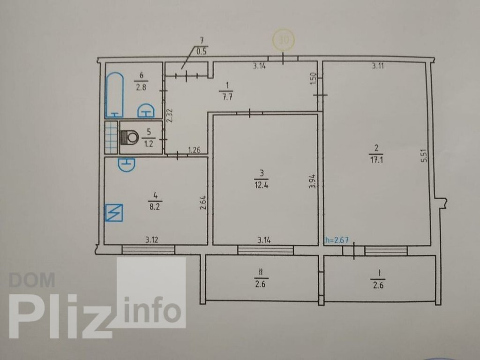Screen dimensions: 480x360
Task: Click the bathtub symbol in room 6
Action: point(114,95)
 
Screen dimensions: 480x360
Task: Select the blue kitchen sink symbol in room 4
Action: point(127,165)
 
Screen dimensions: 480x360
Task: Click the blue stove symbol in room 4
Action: point(114,212)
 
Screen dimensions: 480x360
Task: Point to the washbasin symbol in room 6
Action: point(146,111)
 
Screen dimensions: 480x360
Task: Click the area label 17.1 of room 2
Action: point(376,160)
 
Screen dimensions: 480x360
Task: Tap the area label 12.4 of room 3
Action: point(261,185)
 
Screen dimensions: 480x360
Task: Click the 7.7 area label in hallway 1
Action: point(226,97)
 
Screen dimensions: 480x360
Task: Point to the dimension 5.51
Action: point(424,156)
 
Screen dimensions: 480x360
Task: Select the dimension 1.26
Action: point(195,150)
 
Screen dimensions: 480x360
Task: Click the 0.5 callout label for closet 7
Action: point(202,52)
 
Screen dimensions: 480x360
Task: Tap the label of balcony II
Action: point(261,278)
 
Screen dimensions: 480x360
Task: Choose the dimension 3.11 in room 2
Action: point(378,66)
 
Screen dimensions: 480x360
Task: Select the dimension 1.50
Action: point(313,79)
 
